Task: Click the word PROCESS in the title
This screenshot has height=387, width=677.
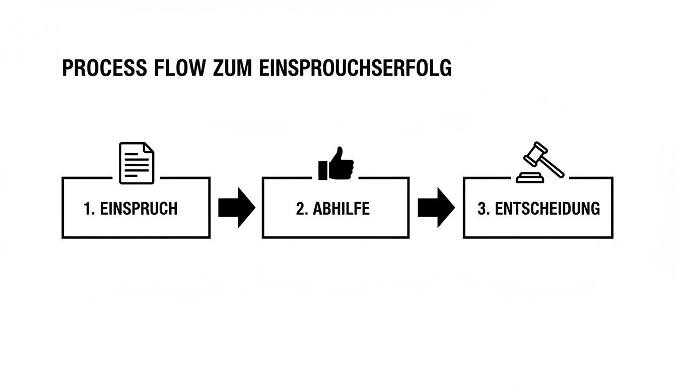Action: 104,69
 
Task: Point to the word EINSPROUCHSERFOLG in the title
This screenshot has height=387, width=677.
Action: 356,69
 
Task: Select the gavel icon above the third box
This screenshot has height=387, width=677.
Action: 541,162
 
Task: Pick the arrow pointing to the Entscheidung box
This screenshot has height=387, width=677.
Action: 436,208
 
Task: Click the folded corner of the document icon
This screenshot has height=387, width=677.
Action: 149,148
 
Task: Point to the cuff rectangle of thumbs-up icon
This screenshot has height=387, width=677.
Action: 322,170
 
